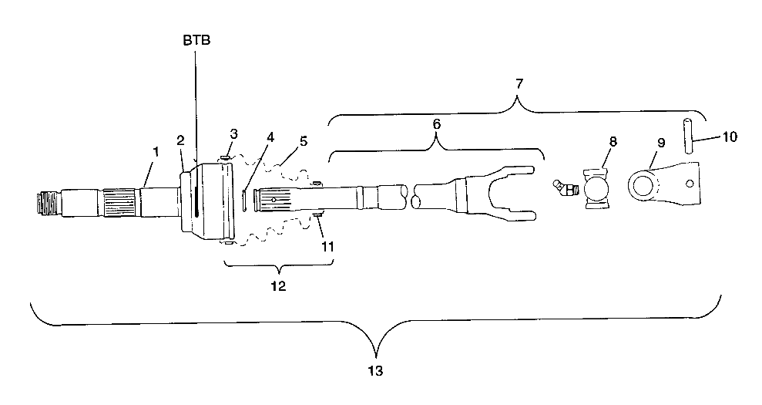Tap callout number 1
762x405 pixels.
(156, 152)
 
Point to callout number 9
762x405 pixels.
(661, 143)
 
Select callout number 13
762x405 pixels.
(376, 370)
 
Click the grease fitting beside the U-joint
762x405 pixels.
(564, 188)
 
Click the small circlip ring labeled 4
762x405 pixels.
(243, 199)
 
